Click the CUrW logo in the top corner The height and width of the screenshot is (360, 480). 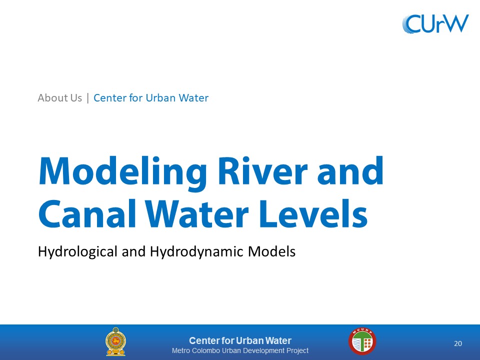(x=435, y=23)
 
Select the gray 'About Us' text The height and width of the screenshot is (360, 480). (x=59, y=98)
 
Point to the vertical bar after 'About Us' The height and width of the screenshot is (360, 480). (x=88, y=98)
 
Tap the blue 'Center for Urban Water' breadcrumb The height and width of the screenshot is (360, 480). (x=151, y=98)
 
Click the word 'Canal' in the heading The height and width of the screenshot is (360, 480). (x=87, y=213)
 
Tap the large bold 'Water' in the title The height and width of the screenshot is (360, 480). (x=197, y=213)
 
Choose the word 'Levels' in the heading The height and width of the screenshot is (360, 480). (x=313, y=213)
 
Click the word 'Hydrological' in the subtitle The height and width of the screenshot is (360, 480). (x=77, y=252)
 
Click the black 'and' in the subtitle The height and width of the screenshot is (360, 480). (x=133, y=251)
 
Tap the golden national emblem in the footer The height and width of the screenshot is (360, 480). (x=115, y=341)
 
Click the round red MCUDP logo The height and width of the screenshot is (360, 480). (x=362, y=341)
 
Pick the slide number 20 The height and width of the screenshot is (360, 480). (x=458, y=343)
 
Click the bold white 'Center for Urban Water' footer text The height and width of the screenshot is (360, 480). (x=240, y=340)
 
